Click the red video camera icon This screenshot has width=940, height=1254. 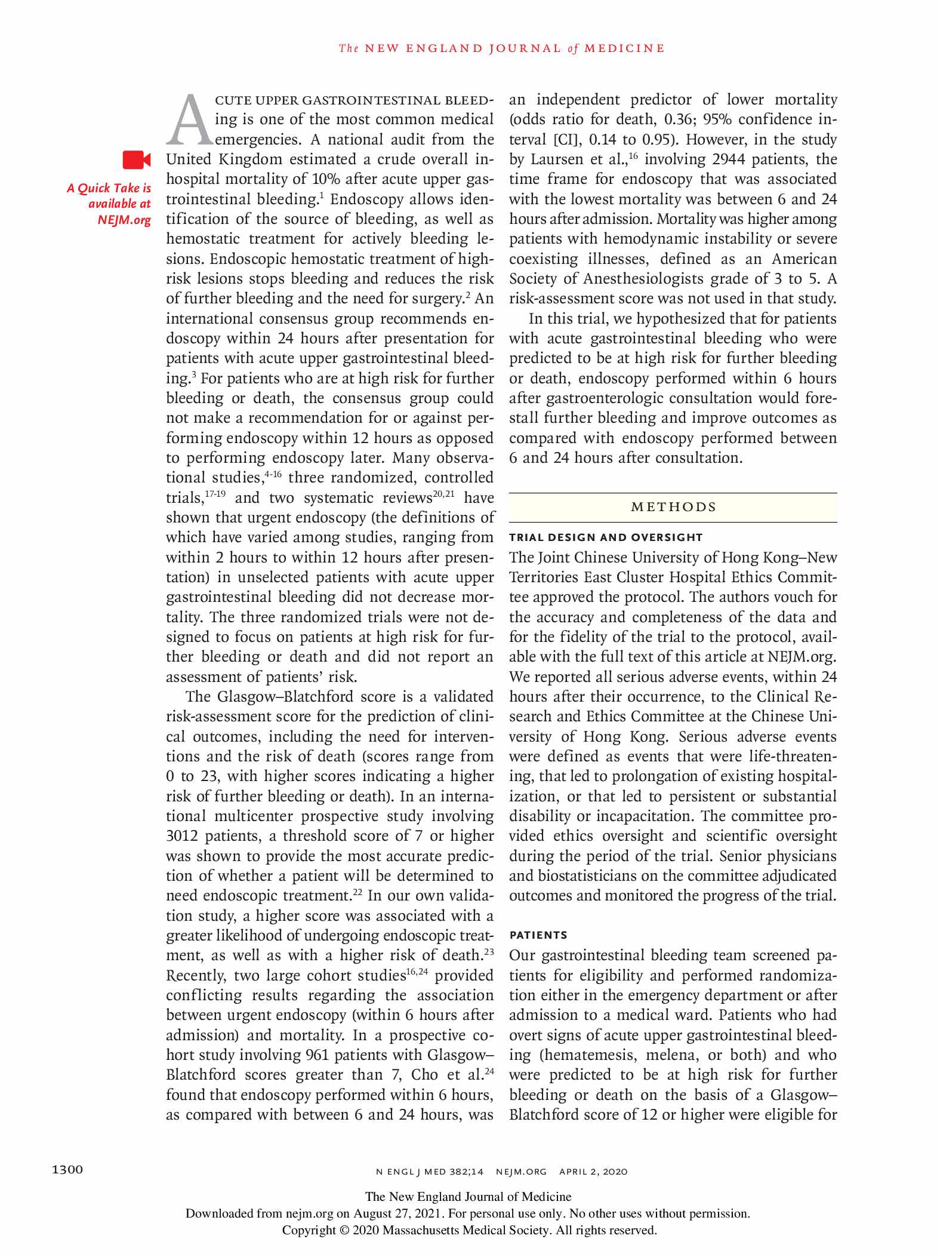coord(137,160)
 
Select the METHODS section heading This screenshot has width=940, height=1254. coord(673,508)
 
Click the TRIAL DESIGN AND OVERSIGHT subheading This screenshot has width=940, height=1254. coord(606,537)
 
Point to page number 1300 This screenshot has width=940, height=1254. coord(67,1169)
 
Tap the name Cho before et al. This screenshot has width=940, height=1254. coord(424,1075)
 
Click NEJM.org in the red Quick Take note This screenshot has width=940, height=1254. coord(124,220)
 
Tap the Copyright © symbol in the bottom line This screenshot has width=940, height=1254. coord(344,1230)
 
